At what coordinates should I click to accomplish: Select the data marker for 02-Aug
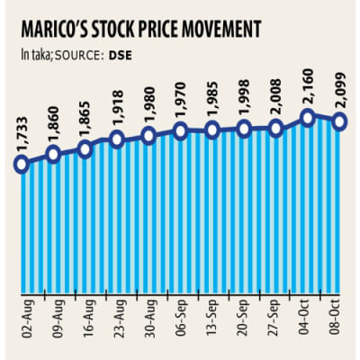pos(22,164)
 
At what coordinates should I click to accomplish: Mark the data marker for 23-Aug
pos(117,139)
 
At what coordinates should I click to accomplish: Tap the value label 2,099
pos(340,90)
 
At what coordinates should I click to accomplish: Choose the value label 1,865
pos(85,118)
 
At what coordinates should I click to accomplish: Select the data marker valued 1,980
pos(149,136)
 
